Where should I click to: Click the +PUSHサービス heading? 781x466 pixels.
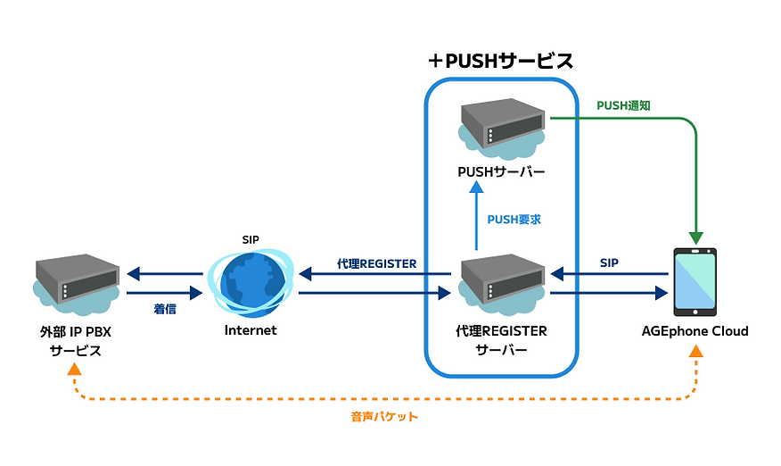(x=500, y=61)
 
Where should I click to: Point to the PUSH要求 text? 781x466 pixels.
(x=514, y=219)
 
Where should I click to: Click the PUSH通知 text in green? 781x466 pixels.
(x=623, y=105)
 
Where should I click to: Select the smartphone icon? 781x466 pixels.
(x=695, y=280)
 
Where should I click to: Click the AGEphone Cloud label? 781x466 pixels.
(x=695, y=331)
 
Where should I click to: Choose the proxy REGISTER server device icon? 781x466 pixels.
(x=502, y=281)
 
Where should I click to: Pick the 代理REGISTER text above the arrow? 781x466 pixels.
(x=377, y=263)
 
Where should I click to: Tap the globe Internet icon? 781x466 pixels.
(x=249, y=280)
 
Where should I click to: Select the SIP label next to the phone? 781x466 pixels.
(x=610, y=263)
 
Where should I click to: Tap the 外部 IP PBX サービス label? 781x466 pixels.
(x=76, y=340)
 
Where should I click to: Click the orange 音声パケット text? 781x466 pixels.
(x=384, y=416)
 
